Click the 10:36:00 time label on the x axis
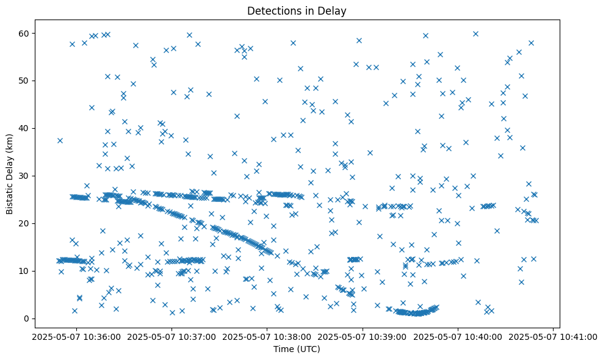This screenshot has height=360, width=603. tap(76, 336)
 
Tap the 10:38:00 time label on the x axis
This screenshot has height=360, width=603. tap(267, 336)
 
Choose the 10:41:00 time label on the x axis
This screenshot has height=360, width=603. tap(554, 336)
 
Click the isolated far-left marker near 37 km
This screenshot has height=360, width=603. tap(60, 140)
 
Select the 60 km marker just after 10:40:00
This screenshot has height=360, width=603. tap(475, 34)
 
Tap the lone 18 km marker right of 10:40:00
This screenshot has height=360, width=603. tap(497, 231)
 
